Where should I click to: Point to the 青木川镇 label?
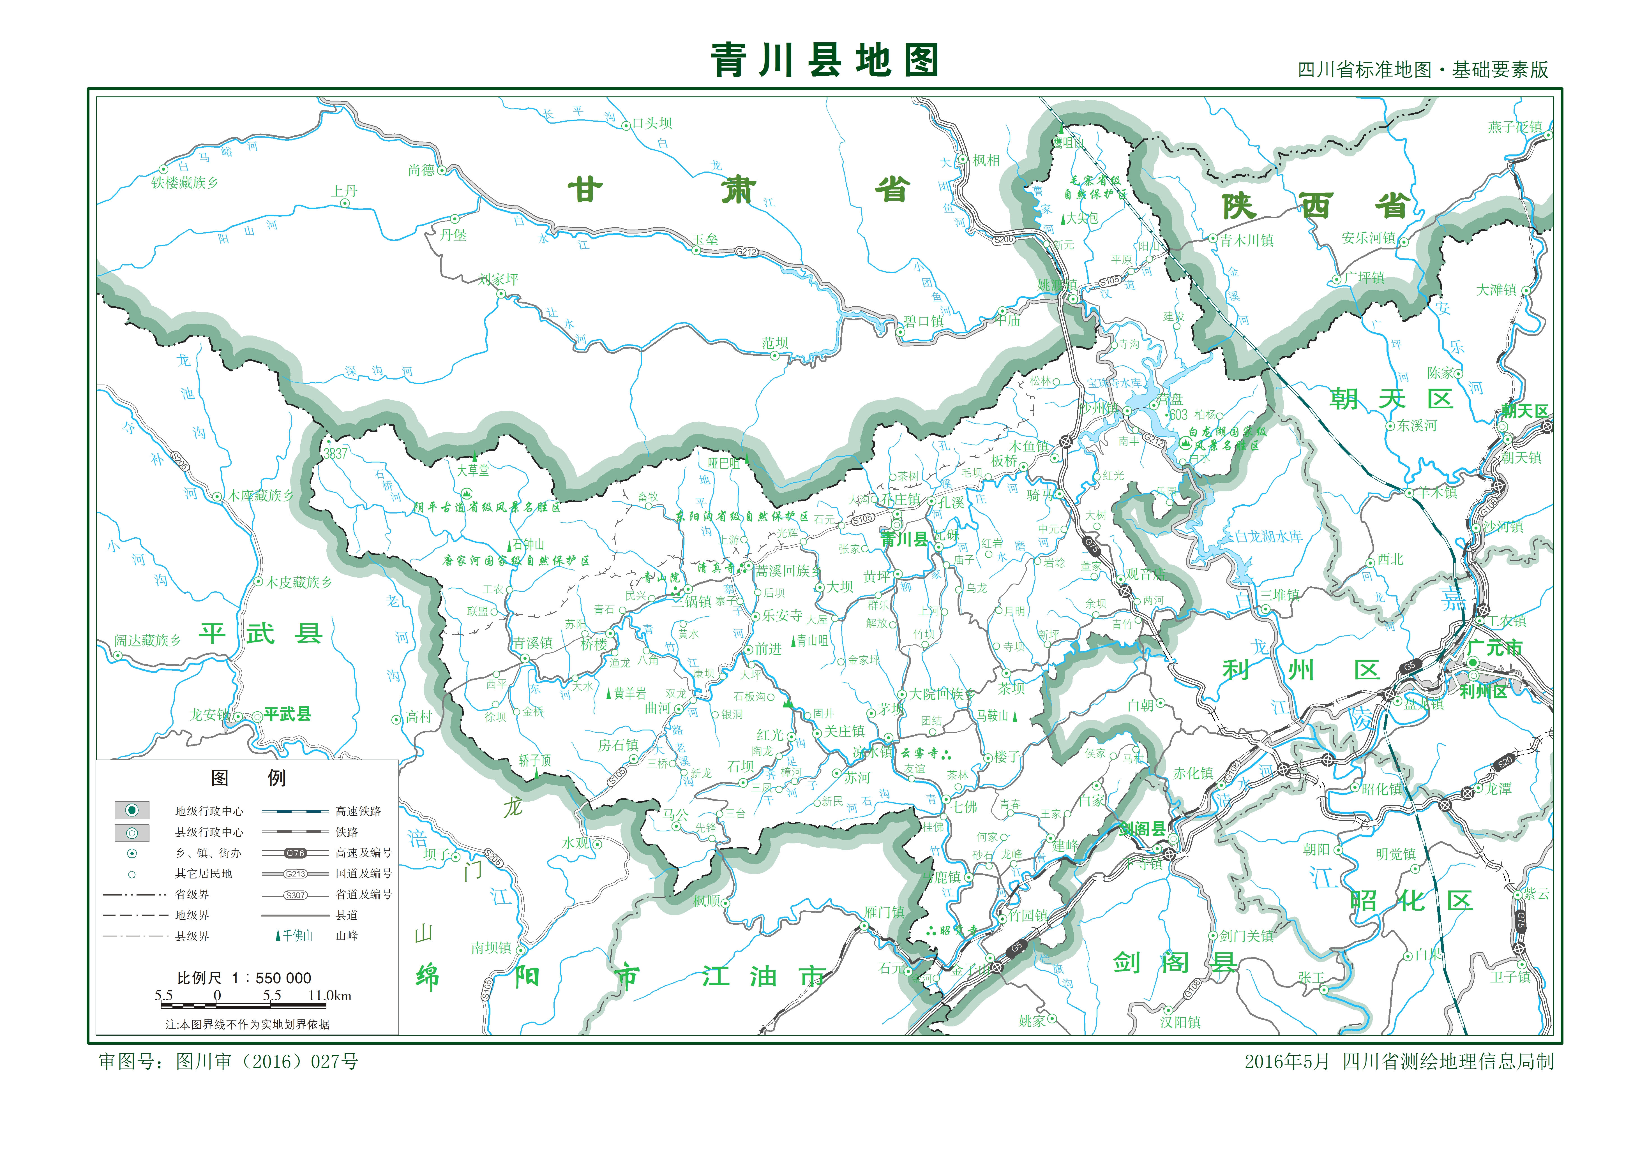pos(1246,241)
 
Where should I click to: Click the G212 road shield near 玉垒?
pos(746,251)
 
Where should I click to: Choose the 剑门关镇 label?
pos(1246,936)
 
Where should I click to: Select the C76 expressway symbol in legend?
pos(295,853)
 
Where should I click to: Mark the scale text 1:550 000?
pos(244,978)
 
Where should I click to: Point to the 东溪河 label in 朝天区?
pos(1417,425)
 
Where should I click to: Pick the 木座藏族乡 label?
pos(260,496)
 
